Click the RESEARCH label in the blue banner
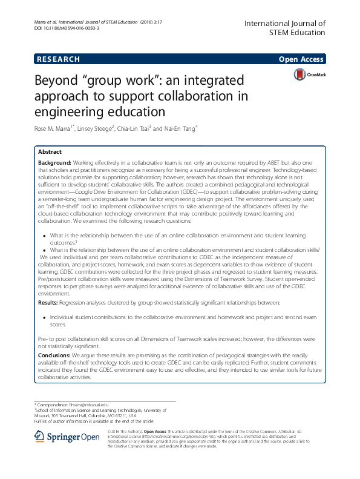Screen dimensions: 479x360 [x=58, y=59]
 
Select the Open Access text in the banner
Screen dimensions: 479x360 [x=302, y=59]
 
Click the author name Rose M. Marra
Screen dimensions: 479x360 [x=53, y=128]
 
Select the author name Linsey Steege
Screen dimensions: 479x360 [x=96, y=128]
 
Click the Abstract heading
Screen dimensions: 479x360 [x=50, y=152]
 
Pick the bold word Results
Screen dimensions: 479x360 [x=48, y=301]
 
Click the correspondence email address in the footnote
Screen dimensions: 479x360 [x=89, y=404]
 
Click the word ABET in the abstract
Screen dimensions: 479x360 [x=258, y=163]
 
